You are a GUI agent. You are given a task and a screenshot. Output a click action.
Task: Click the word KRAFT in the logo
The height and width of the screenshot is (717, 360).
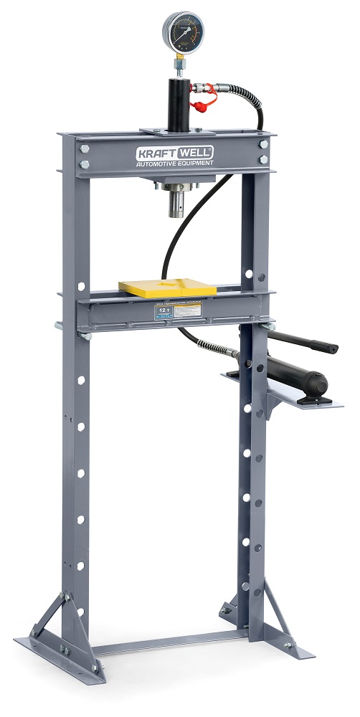(x=156, y=152)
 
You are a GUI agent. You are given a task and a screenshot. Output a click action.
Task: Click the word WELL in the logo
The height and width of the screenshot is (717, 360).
(x=196, y=152)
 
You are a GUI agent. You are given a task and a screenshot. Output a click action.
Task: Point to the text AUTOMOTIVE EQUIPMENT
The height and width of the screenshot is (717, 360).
(x=175, y=164)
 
